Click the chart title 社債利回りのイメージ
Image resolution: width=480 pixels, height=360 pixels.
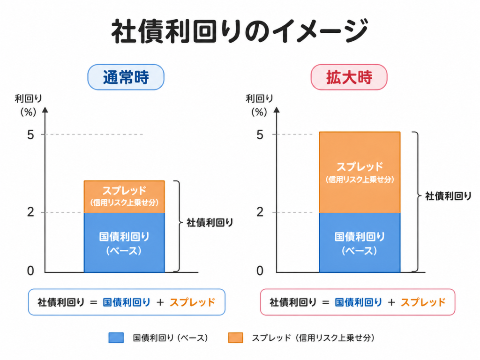point(240,31)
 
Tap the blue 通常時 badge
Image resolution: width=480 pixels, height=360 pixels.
point(126,77)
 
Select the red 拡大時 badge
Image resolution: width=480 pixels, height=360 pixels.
point(349,77)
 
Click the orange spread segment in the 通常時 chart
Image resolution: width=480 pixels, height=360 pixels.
point(124,196)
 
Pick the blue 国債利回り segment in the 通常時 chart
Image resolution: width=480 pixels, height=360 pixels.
point(124,242)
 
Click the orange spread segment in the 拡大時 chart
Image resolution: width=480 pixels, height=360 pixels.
point(360,172)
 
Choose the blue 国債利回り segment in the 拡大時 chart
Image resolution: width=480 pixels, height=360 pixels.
point(360,242)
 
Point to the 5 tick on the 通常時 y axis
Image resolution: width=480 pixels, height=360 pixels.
point(30,135)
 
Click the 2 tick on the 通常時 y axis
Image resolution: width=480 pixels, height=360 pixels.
point(30,212)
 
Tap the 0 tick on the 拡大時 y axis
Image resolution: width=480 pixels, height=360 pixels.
point(260,270)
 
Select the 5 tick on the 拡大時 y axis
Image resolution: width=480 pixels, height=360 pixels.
point(260,135)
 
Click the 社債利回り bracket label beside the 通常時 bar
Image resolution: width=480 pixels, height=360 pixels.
point(210,223)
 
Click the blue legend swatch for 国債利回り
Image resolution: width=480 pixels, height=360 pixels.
point(116,337)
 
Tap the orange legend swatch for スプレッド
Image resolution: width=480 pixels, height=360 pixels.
point(236,337)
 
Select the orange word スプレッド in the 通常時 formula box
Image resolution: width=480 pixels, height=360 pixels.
point(193,302)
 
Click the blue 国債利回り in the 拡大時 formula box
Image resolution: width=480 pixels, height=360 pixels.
point(359,302)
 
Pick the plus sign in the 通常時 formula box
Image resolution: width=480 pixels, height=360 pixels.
point(160,302)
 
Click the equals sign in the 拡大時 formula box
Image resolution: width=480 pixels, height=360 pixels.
point(326,302)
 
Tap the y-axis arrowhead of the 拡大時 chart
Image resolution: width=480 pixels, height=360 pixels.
point(277,110)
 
